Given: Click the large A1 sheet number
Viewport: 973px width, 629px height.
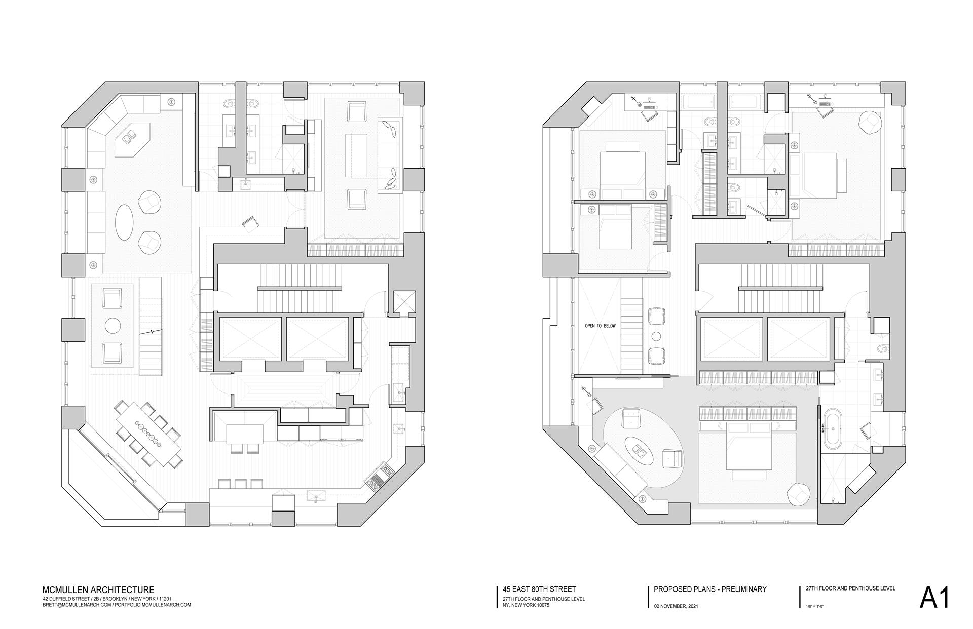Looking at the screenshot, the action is [934, 598].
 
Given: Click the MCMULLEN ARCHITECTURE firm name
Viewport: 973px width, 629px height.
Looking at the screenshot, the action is [98, 590].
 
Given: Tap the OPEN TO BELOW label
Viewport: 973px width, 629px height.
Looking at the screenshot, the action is [600, 326].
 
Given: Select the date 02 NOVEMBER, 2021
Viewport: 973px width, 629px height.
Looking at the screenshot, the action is [676, 606].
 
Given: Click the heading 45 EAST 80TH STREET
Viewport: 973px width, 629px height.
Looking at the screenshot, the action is [539, 589].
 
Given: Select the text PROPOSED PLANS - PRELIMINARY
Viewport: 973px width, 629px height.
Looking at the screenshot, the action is [710, 589].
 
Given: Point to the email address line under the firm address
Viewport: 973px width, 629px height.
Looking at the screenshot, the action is [117, 605].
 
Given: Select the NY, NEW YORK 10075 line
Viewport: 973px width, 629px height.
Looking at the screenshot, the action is [522, 605].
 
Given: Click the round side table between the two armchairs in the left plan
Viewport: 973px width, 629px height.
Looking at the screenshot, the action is [113, 325].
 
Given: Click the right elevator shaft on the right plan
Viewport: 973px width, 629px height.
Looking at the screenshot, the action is [798, 338].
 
